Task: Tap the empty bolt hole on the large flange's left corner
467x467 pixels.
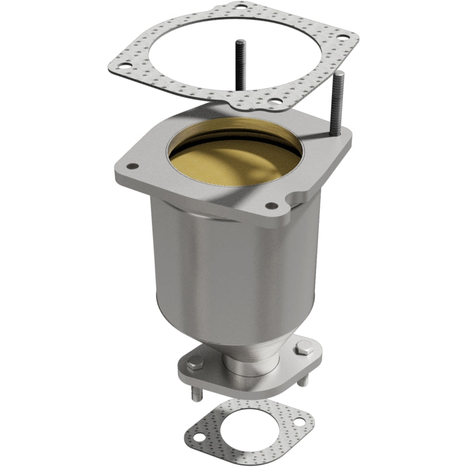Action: coord(134,166)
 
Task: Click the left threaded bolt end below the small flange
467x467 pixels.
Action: coord(194,393)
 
